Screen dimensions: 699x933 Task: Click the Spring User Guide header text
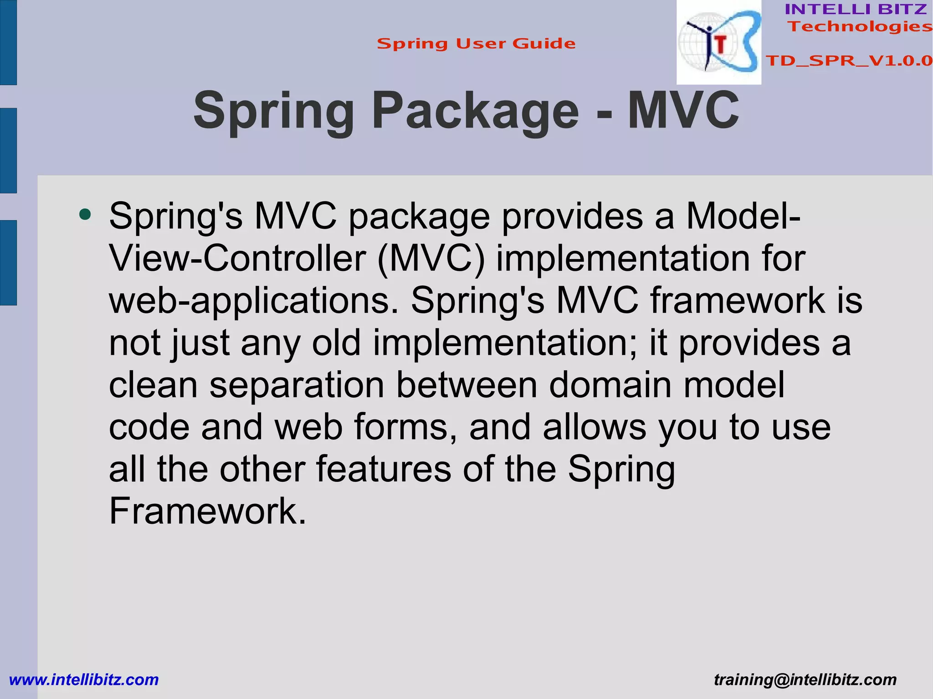pos(476,44)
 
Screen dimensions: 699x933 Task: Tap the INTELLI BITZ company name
pos(856,9)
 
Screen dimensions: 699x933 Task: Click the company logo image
pos(718,42)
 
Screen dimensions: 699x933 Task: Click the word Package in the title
pos(475,111)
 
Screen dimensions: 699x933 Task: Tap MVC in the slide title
pos(683,111)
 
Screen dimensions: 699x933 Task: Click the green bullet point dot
pos(85,214)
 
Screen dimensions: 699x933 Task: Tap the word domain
pos(610,385)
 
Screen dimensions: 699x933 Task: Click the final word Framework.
pos(207,511)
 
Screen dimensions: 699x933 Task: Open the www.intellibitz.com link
pos(84,680)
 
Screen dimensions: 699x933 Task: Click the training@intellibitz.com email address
pos(805,680)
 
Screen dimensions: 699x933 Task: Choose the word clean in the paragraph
pos(153,385)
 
